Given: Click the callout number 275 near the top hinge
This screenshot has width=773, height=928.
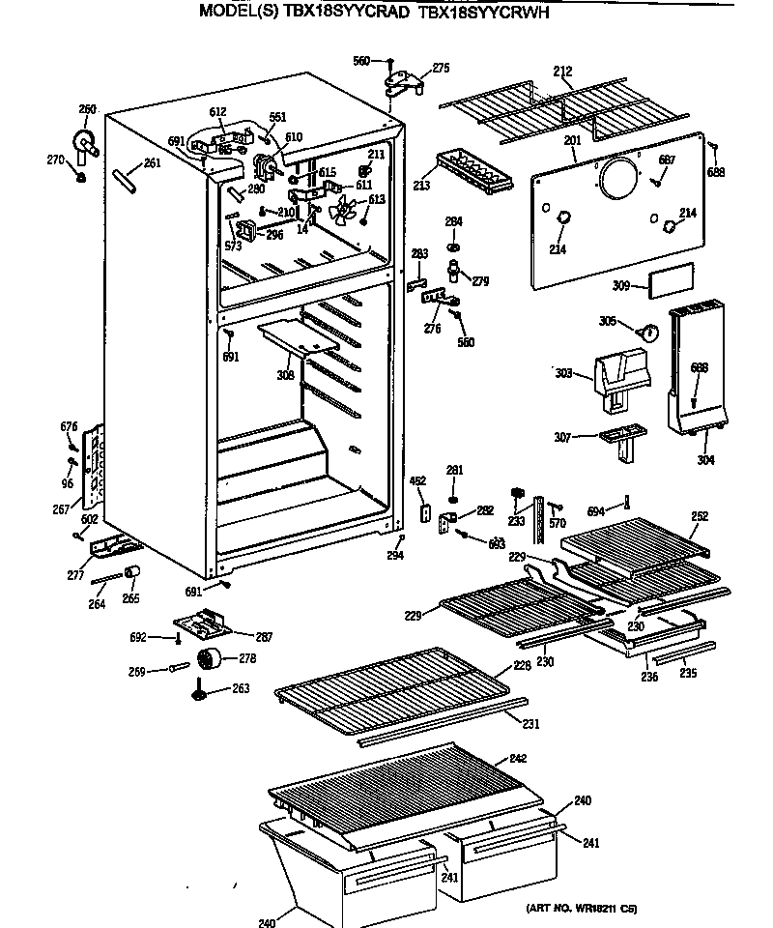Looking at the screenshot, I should pyautogui.click(x=441, y=68).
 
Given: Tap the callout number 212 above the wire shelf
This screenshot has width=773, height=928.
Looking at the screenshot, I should pyautogui.click(x=562, y=72).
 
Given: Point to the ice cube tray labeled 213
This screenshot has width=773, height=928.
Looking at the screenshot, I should pyautogui.click(x=471, y=172).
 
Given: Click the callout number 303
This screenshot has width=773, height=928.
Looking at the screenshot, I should pyautogui.click(x=563, y=372).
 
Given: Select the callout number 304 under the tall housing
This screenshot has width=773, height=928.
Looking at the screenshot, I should pyautogui.click(x=706, y=460).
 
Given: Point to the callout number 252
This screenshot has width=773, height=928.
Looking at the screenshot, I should pyautogui.click(x=700, y=516).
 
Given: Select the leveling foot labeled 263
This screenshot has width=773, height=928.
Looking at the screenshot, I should pyautogui.click(x=201, y=690).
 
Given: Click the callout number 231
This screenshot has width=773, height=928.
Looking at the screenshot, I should pyautogui.click(x=530, y=724).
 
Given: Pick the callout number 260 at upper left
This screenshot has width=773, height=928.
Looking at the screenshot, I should pyautogui.click(x=87, y=109).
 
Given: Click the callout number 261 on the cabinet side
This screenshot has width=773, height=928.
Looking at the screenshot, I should pyautogui.click(x=151, y=163).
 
